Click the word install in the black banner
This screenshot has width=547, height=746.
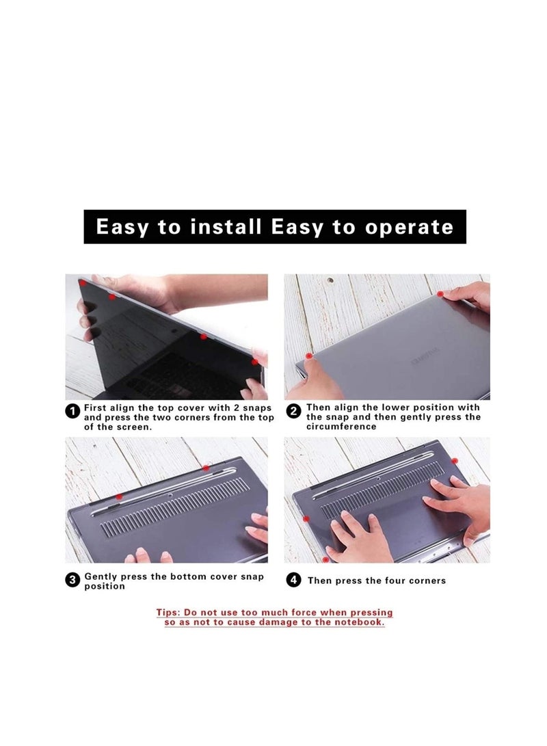[217, 227]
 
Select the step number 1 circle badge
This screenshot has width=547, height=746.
[72, 411]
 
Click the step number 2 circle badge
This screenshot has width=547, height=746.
[294, 411]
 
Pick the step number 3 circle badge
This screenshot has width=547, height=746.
[72, 581]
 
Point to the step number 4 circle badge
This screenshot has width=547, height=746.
[294, 581]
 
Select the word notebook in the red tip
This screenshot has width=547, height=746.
[358, 623]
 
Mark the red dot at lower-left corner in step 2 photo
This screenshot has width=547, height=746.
[310, 357]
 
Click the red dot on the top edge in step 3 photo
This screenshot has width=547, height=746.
[205, 468]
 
